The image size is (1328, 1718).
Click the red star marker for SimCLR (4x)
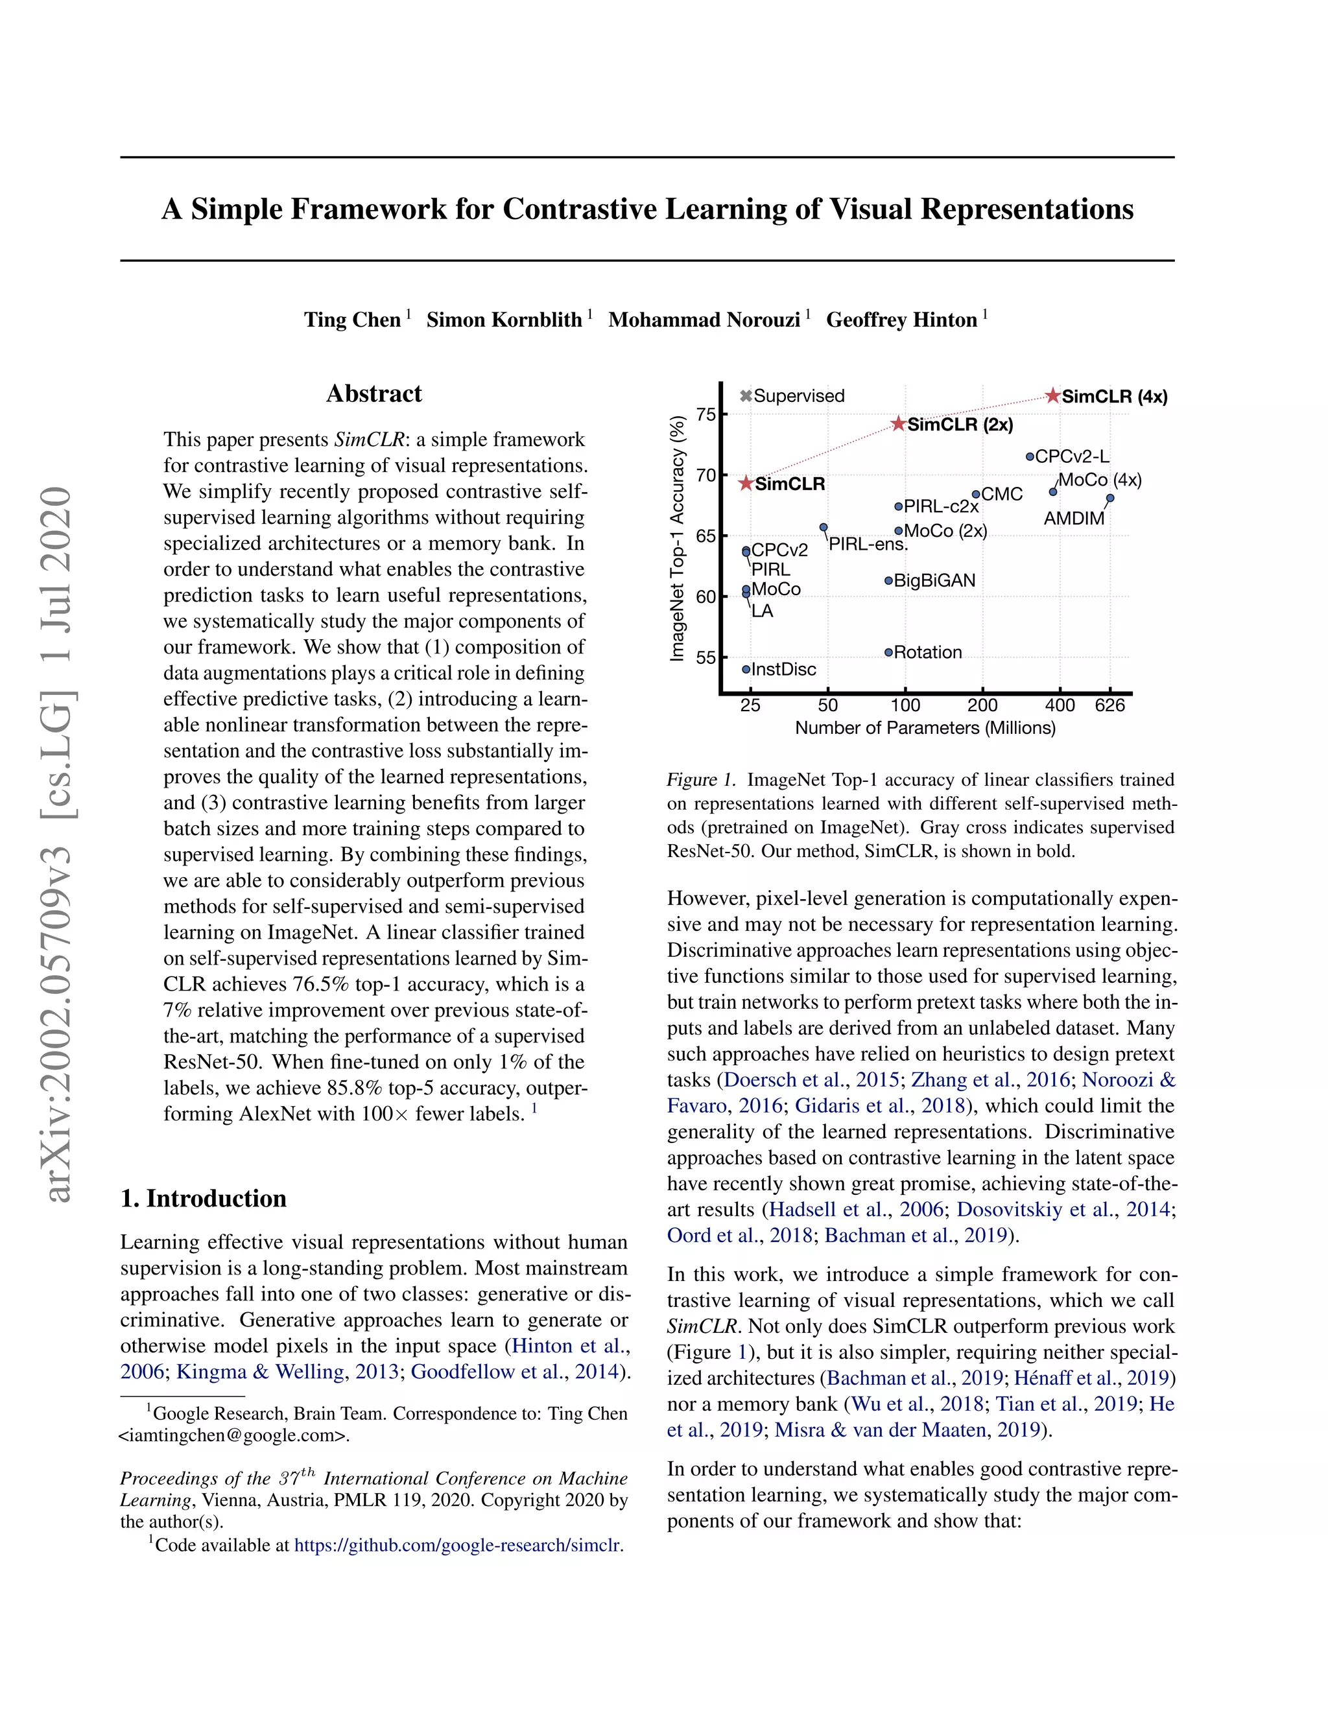pos(1052,395)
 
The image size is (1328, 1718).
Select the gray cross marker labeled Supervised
pos(746,395)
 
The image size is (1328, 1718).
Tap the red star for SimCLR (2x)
pos(899,424)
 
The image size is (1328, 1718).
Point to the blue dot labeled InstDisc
pos(746,670)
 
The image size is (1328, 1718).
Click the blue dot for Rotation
pos(888,652)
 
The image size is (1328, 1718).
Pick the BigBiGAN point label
pos(934,580)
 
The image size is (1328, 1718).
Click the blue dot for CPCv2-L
pos(1030,456)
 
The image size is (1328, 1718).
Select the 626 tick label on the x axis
pos(1109,705)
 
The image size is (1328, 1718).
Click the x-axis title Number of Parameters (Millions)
pos(925,727)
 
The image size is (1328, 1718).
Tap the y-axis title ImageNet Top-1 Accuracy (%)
pos(676,538)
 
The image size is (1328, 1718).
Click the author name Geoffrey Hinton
pos(901,320)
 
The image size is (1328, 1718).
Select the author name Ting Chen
pos(353,320)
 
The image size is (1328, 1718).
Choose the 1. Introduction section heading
pos(203,1198)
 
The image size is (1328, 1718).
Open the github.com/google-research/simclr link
pos(458,1545)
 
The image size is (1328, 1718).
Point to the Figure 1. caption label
pos(701,779)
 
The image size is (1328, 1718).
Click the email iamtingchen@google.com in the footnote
pos(233,1435)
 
